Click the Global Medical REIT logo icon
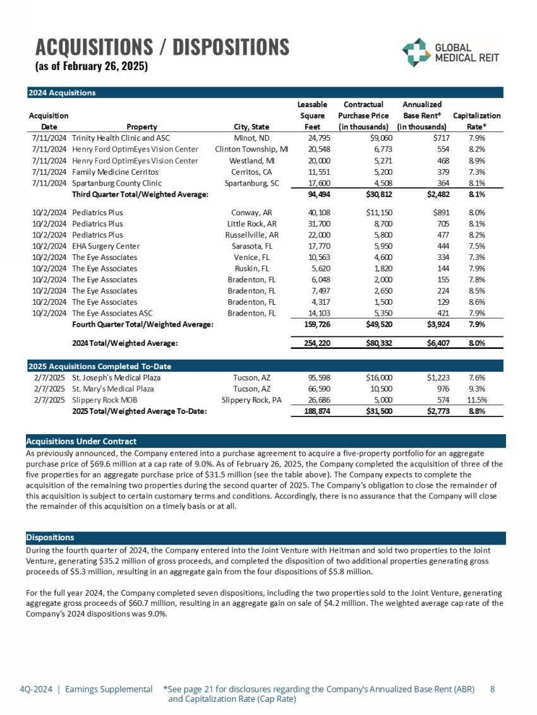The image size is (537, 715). point(416,52)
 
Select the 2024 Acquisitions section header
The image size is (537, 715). point(62,93)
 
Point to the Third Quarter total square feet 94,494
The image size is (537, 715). point(313,194)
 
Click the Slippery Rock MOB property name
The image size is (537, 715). point(104,400)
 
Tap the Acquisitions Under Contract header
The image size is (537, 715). point(81,440)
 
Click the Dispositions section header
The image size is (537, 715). point(50,538)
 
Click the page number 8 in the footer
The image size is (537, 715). point(493,690)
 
